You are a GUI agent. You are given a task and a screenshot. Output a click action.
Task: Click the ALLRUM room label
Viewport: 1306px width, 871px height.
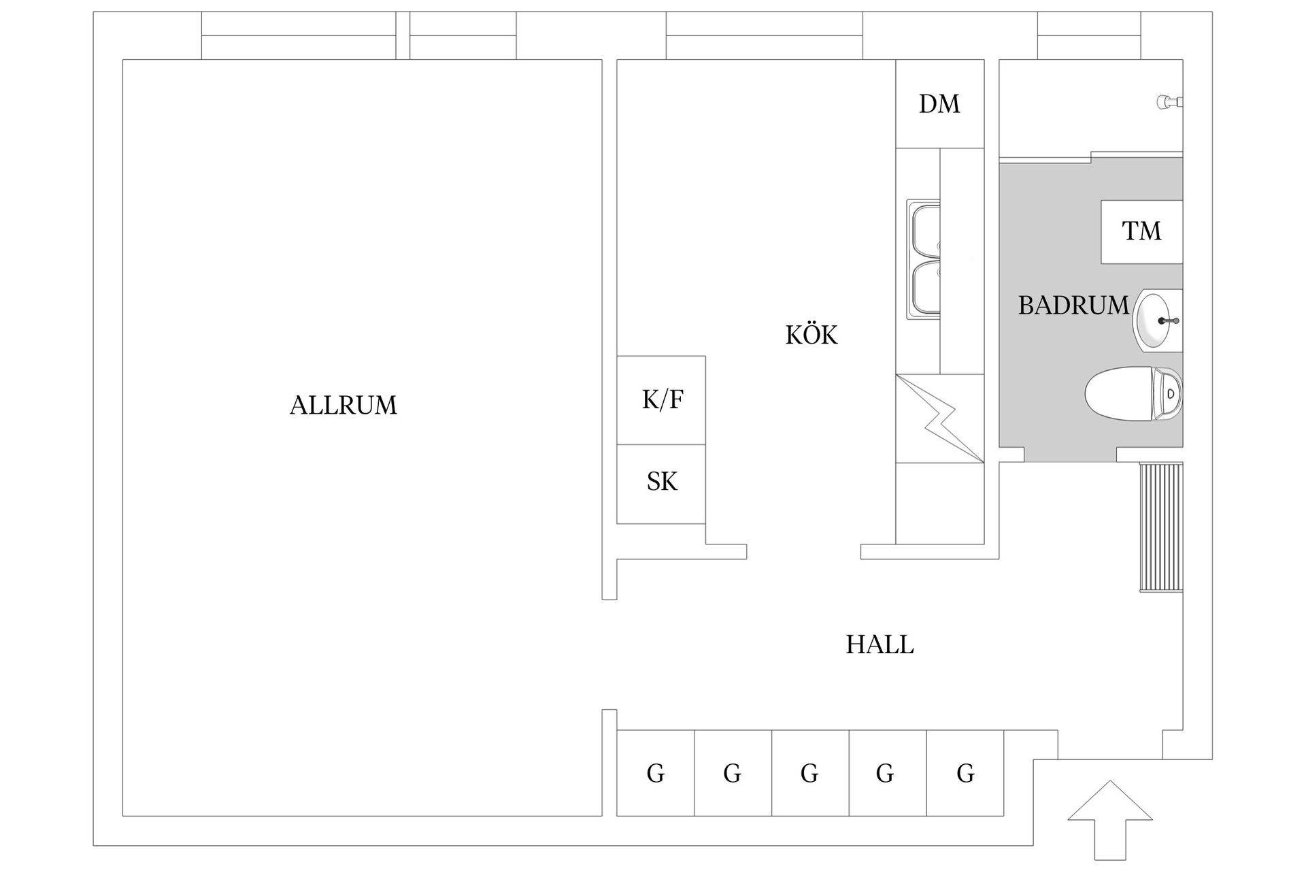pos(343,406)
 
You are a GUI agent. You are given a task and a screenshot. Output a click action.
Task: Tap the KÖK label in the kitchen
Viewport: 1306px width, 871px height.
pos(811,335)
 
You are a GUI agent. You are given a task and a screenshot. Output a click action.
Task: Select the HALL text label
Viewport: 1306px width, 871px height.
pos(879,644)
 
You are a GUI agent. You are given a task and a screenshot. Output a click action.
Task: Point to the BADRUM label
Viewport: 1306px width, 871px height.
pos(1073,306)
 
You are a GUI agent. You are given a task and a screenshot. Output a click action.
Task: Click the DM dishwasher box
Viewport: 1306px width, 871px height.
pos(939,104)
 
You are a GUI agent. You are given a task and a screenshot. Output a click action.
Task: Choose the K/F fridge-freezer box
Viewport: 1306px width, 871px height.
pos(661,400)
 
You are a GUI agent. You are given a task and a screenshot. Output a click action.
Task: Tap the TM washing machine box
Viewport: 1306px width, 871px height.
pos(1141,231)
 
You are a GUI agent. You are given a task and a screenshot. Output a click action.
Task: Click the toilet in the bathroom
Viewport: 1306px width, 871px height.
pos(1133,394)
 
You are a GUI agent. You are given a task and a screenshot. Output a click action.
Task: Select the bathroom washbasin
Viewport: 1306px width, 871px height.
pos(1156,321)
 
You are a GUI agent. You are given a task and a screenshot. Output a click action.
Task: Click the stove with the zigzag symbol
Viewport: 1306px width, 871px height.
pos(939,418)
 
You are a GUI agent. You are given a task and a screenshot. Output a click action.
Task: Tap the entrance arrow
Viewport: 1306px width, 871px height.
pos(1109,823)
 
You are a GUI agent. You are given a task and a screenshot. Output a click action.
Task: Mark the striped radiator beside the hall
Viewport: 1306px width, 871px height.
pos(1161,527)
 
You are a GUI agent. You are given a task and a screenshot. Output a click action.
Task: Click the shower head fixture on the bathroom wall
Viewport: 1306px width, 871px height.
pos(1169,102)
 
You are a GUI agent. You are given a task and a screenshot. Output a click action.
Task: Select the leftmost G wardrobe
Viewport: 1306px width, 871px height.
pos(655,773)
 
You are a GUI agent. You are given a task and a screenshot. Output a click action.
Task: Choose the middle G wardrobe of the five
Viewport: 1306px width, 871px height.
pos(810,773)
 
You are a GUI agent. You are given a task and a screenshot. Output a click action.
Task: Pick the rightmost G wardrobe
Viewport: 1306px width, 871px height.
pos(965,773)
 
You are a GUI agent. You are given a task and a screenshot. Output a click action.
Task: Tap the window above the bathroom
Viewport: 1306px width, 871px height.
pos(1088,36)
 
